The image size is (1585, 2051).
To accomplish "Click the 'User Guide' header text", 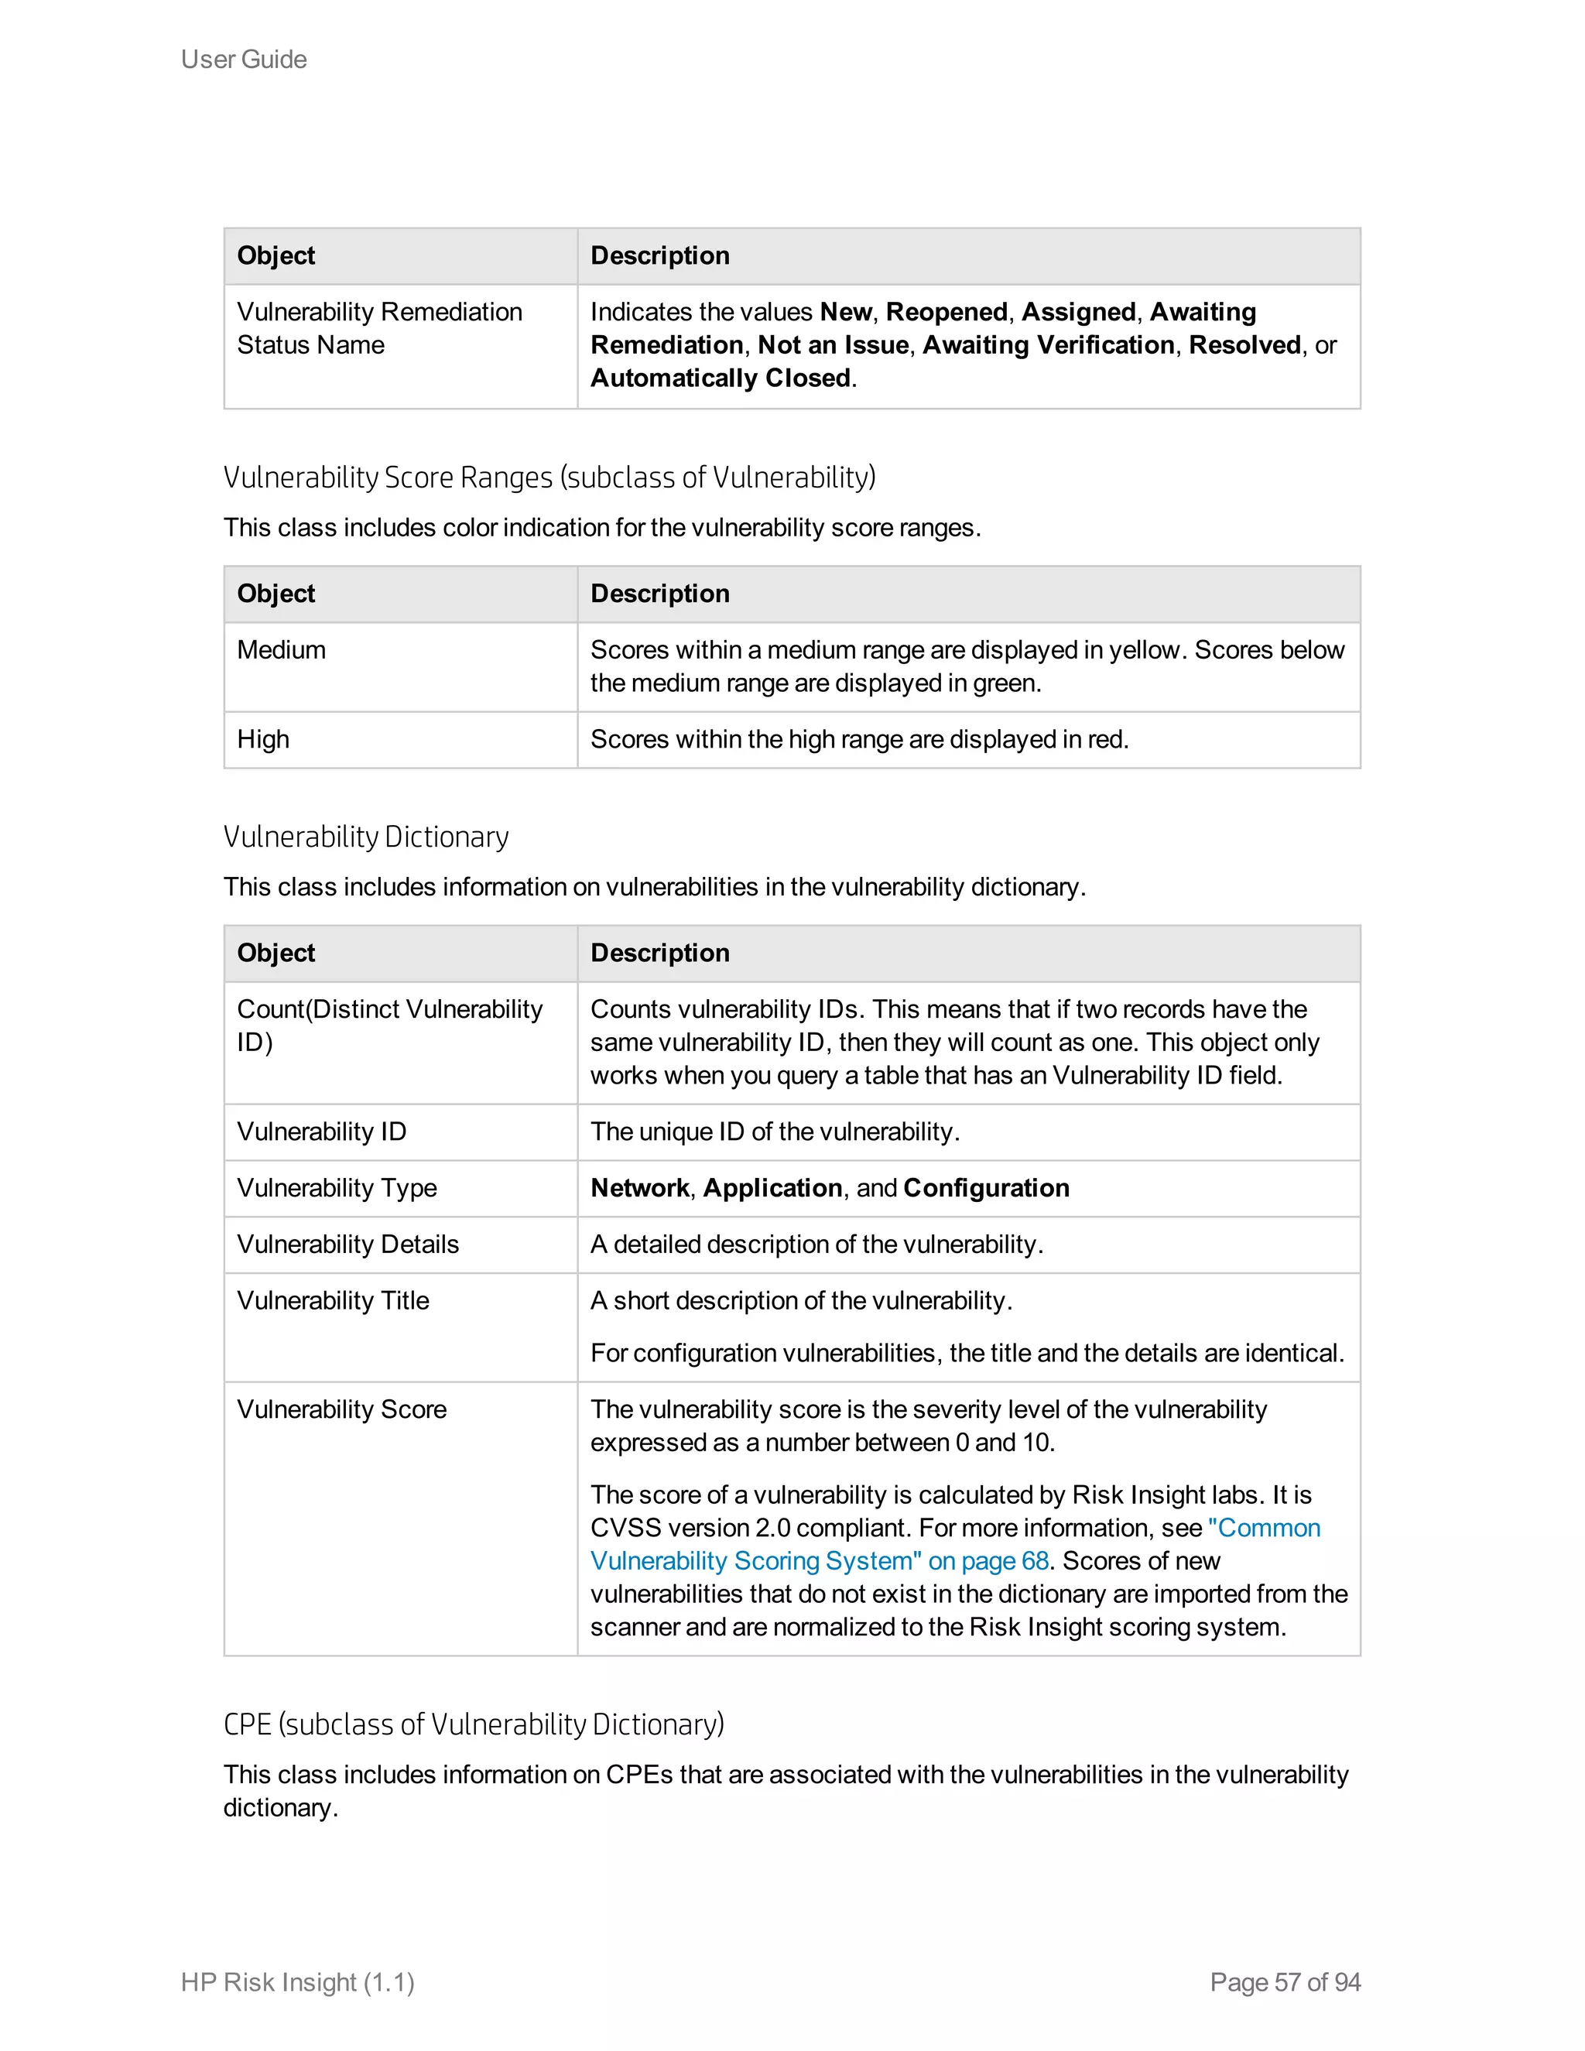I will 243,59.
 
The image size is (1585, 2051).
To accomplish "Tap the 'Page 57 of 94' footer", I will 1285,1981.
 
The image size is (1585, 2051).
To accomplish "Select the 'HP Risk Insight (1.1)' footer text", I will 298,1981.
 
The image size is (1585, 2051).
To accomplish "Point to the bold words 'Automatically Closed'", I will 721,378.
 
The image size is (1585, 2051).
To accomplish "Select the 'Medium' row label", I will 281,650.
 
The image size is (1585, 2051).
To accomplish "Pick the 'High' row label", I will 263,739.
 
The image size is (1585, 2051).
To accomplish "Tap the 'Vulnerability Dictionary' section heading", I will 365,836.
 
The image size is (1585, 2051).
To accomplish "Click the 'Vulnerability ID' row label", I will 321,1132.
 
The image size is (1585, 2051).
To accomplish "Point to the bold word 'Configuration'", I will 986,1188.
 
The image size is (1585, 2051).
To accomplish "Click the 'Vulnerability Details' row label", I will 347,1245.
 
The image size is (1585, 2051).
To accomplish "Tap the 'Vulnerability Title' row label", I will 332,1301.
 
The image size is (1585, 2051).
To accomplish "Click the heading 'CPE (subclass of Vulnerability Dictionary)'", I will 473,1724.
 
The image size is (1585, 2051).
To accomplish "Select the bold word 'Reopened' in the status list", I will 947,312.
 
